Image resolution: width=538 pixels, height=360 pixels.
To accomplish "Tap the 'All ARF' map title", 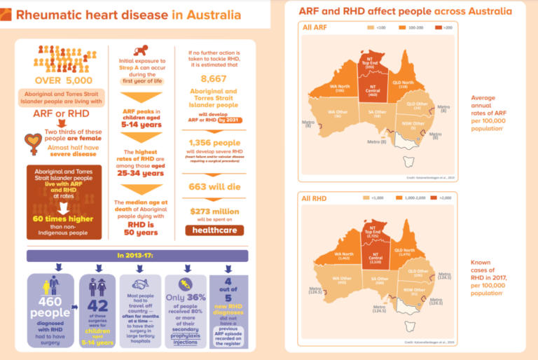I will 316,27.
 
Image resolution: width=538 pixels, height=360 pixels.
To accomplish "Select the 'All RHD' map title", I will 316,198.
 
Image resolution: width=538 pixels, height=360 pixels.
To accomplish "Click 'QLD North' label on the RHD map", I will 403,253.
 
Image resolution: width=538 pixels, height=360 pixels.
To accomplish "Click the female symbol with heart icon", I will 32,143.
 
